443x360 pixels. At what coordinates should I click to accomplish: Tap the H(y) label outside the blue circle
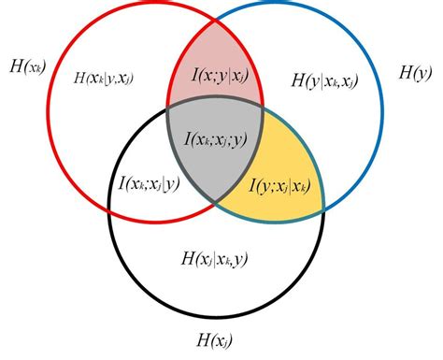(413, 71)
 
